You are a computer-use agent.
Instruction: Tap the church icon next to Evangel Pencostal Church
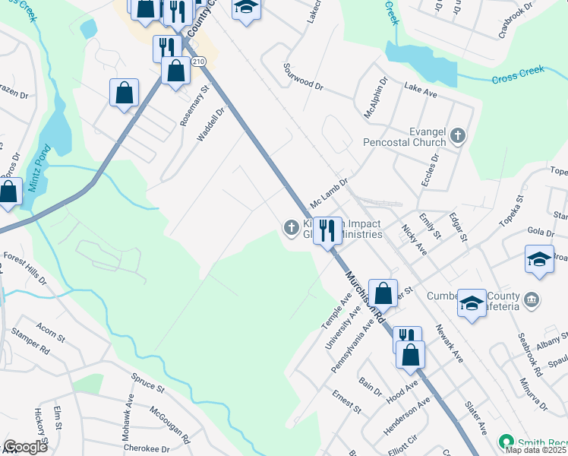457,136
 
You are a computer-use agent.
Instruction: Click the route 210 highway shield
198,61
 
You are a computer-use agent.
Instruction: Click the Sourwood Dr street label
303,78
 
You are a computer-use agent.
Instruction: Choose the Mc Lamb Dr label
328,194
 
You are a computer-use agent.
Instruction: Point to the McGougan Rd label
169,423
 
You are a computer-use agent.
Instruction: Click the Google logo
24,447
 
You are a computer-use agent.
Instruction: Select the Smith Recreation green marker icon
505,442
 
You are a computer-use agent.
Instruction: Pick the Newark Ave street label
448,343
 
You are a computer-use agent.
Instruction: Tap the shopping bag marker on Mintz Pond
8,193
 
